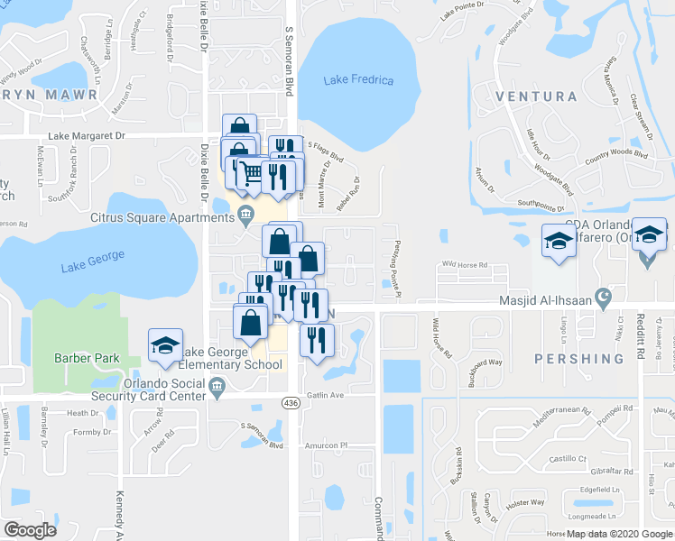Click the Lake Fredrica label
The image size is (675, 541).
coord(358,80)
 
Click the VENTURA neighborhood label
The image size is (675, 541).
coord(536,96)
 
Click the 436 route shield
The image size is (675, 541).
coord(291,402)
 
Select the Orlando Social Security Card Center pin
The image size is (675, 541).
coord(217,390)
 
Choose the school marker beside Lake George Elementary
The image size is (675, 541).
coord(165,346)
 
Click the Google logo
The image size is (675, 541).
coord(30,530)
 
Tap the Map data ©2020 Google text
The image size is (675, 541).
coord(619,534)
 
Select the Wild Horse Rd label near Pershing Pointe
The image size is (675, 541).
coord(464,265)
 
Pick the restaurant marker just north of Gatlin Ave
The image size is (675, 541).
coord(316,341)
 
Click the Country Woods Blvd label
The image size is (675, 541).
coord(617,154)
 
